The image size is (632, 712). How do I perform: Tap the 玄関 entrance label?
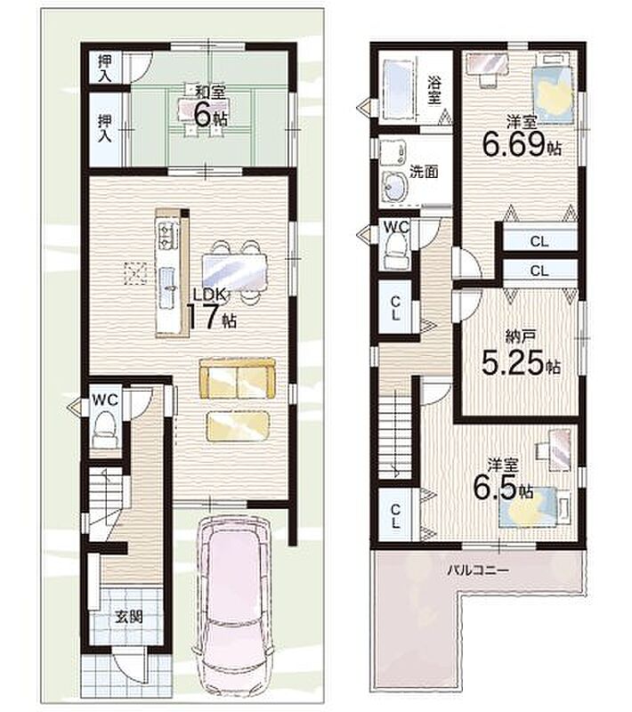pos(129,617)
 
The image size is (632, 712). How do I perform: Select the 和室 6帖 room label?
pos(210,106)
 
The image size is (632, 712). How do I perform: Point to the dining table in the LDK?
pos(235,271)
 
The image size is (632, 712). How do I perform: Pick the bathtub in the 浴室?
pos(399,88)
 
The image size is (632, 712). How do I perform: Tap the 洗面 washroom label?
pos(424,172)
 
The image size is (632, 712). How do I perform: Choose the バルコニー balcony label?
pos(478,570)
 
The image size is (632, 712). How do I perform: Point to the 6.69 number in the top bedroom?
pos(513,145)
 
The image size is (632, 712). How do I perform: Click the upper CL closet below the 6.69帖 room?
pos(539,241)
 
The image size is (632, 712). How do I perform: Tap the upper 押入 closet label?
pos(105,69)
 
